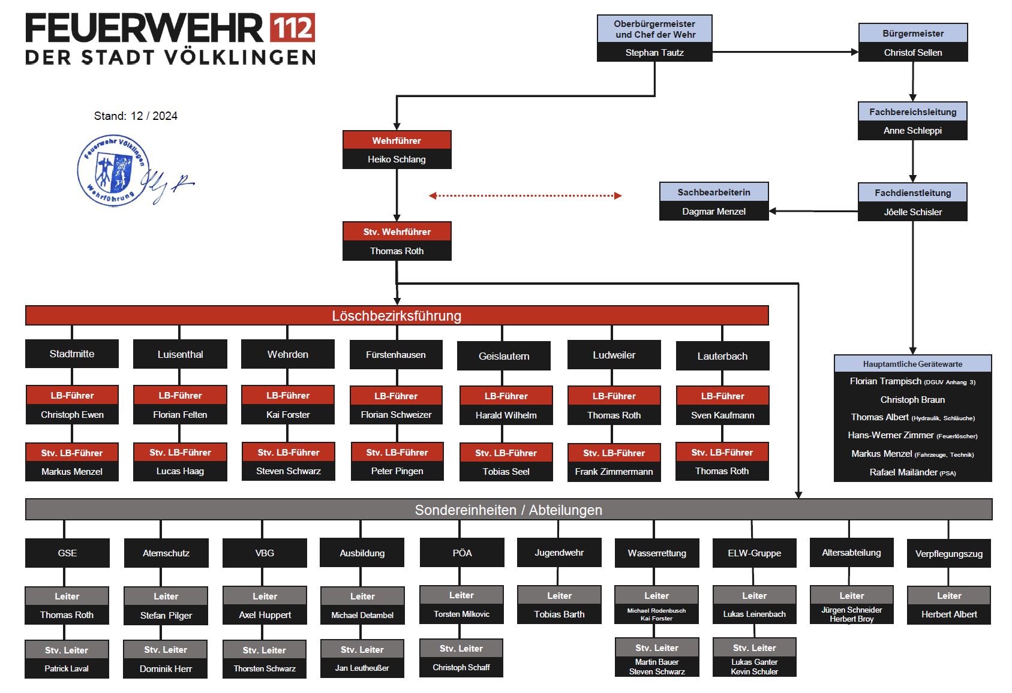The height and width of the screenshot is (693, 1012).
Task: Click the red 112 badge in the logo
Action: click(x=292, y=28)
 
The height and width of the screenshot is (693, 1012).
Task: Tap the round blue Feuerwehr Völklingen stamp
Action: click(x=113, y=170)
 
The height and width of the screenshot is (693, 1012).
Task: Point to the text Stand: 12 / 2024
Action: click(x=136, y=116)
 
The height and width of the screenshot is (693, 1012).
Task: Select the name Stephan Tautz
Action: click(x=654, y=52)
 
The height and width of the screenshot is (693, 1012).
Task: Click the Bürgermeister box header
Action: click(x=912, y=34)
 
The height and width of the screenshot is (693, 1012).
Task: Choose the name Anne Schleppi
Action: click(x=912, y=131)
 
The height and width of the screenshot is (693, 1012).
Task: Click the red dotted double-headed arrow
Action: click(x=525, y=195)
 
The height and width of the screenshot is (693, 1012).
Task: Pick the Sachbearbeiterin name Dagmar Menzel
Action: click(x=714, y=211)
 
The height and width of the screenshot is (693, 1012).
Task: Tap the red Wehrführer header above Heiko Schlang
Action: click(x=397, y=140)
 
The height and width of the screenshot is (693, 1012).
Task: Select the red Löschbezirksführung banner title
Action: click(x=397, y=315)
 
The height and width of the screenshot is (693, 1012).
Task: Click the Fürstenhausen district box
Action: click(x=396, y=354)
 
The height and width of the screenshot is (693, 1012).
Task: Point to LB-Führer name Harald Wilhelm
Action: click(x=506, y=415)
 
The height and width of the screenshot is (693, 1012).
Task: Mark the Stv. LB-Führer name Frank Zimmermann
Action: click(x=614, y=471)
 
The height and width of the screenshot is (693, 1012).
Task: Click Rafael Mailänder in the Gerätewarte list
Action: click(x=912, y=472)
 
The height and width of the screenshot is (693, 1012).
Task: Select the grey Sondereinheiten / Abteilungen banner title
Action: click(x=508, y=510)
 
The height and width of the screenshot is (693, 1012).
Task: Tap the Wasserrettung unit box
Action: click(x=656, y=553)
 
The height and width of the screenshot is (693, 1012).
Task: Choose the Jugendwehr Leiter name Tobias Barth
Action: click(x=559, y=614)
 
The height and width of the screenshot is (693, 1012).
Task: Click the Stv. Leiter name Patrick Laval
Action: click(x=67, y=668)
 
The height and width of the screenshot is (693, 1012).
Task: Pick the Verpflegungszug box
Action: click(x=949, y=553)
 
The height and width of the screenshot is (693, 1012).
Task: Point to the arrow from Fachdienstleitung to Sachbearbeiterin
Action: click(x=813, y=211)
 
